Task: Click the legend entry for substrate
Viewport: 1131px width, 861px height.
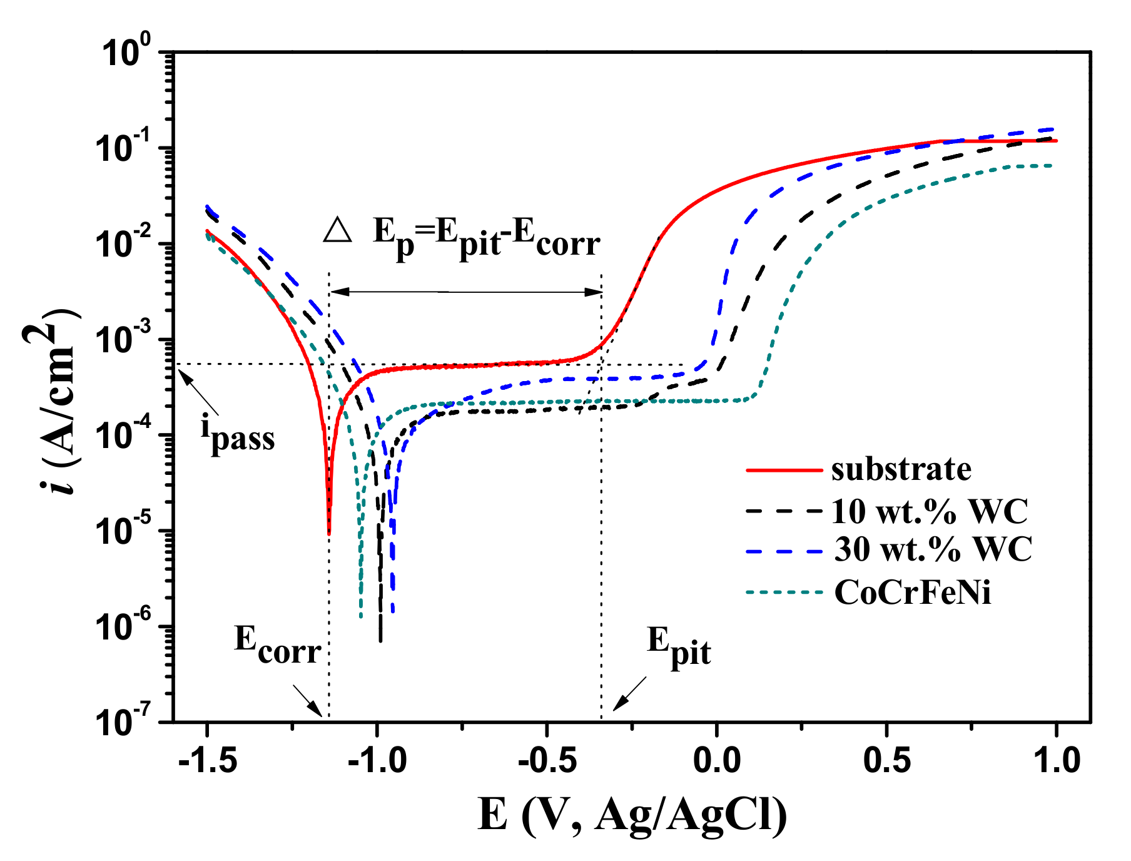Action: pyautogui.click(x=901, y=469)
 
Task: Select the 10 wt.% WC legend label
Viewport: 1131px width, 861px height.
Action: pyautogui.click(x=930, y=511)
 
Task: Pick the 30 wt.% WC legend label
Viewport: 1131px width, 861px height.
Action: pyautogui.click(x=933, y=549)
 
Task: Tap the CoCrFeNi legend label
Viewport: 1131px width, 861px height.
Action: pyautogui.click(x=913, y=591)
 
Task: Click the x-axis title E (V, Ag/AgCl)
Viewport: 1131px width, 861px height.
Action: pyautogui.click(x=632, y=815)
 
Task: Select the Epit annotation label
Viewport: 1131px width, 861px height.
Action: pyautogui.click(x=679, y=646)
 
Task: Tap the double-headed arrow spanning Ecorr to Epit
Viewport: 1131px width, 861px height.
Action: pyautogui.click(x=466, y=292)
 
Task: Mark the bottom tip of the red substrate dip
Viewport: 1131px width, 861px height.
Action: pyautogui.click(x=329, y=533)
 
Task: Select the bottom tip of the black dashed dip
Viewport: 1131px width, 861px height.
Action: pyautogui.click(x=380, y=639)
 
